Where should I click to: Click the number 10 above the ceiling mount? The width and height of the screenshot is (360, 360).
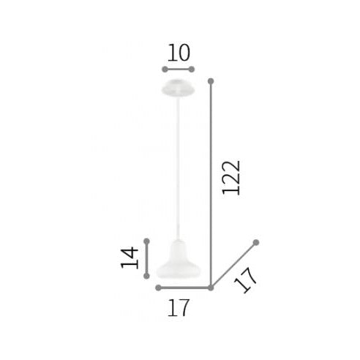coord(179,53)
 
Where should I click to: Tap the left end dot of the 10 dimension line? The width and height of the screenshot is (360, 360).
coord(164,70)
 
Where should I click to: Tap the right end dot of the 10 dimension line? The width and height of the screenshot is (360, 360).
coord(192,70)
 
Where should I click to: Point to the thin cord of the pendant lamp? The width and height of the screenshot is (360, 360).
coord(179,168)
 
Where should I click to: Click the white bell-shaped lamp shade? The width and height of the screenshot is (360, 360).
coord(179,260)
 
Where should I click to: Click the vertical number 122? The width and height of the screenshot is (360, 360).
coord(231,177)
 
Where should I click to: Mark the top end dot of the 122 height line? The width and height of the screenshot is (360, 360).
coord(211,80)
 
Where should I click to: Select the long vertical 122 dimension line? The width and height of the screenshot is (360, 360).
coord(211,183)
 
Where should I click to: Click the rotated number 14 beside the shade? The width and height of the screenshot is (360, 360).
coord(130,258)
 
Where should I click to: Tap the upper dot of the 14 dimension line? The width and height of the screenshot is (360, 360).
coord(147,241)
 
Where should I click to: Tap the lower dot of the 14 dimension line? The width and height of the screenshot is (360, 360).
coord(147,276)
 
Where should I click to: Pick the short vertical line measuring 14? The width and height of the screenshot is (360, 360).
coord(147,258)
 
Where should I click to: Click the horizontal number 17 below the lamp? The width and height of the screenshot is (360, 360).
coord(179,307)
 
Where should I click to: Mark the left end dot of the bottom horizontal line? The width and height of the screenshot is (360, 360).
coord(159,288)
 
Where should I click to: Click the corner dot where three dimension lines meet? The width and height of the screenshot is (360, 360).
coord(211,288)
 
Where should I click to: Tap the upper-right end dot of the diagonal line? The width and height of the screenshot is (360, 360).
coord(256,242)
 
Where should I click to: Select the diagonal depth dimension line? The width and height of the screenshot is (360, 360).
coord(233,265)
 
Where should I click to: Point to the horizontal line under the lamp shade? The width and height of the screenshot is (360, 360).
coord(184,288)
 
